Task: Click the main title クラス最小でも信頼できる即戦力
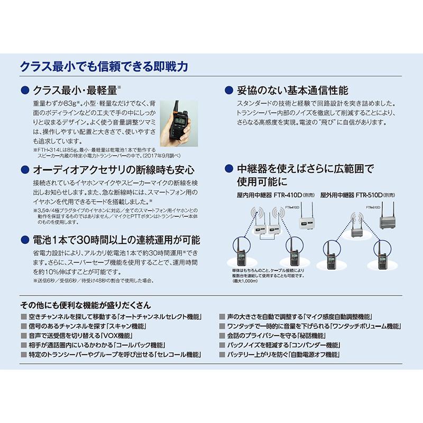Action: [x=104, y=67]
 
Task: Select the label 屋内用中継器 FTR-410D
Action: [x=269, y=195]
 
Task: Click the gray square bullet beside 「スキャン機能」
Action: [x=24, y=326]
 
